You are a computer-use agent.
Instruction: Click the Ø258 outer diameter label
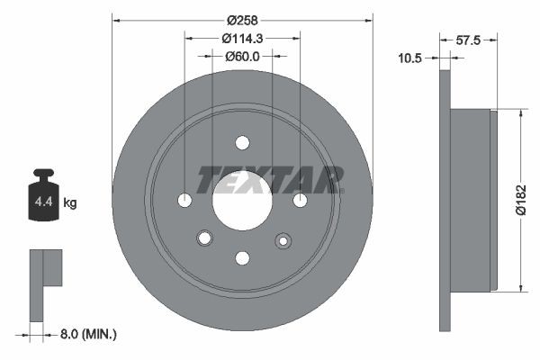click(242, 19)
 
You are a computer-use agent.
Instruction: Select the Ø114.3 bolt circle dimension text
click(242, 38)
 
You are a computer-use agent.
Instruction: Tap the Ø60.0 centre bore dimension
click(242, 57)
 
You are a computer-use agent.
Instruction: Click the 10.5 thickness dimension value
click(411, 58)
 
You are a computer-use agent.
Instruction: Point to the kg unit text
click(70, 203)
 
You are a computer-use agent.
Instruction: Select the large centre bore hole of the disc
click(242, 200)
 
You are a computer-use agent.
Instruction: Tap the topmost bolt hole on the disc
click(242, 141)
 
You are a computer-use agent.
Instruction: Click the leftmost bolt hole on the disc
click(184, 200)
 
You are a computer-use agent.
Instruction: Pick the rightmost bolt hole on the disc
click(301, 200)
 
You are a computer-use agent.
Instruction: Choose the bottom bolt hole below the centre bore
click(242, 258)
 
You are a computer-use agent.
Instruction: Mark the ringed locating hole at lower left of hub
click(203, 238)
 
